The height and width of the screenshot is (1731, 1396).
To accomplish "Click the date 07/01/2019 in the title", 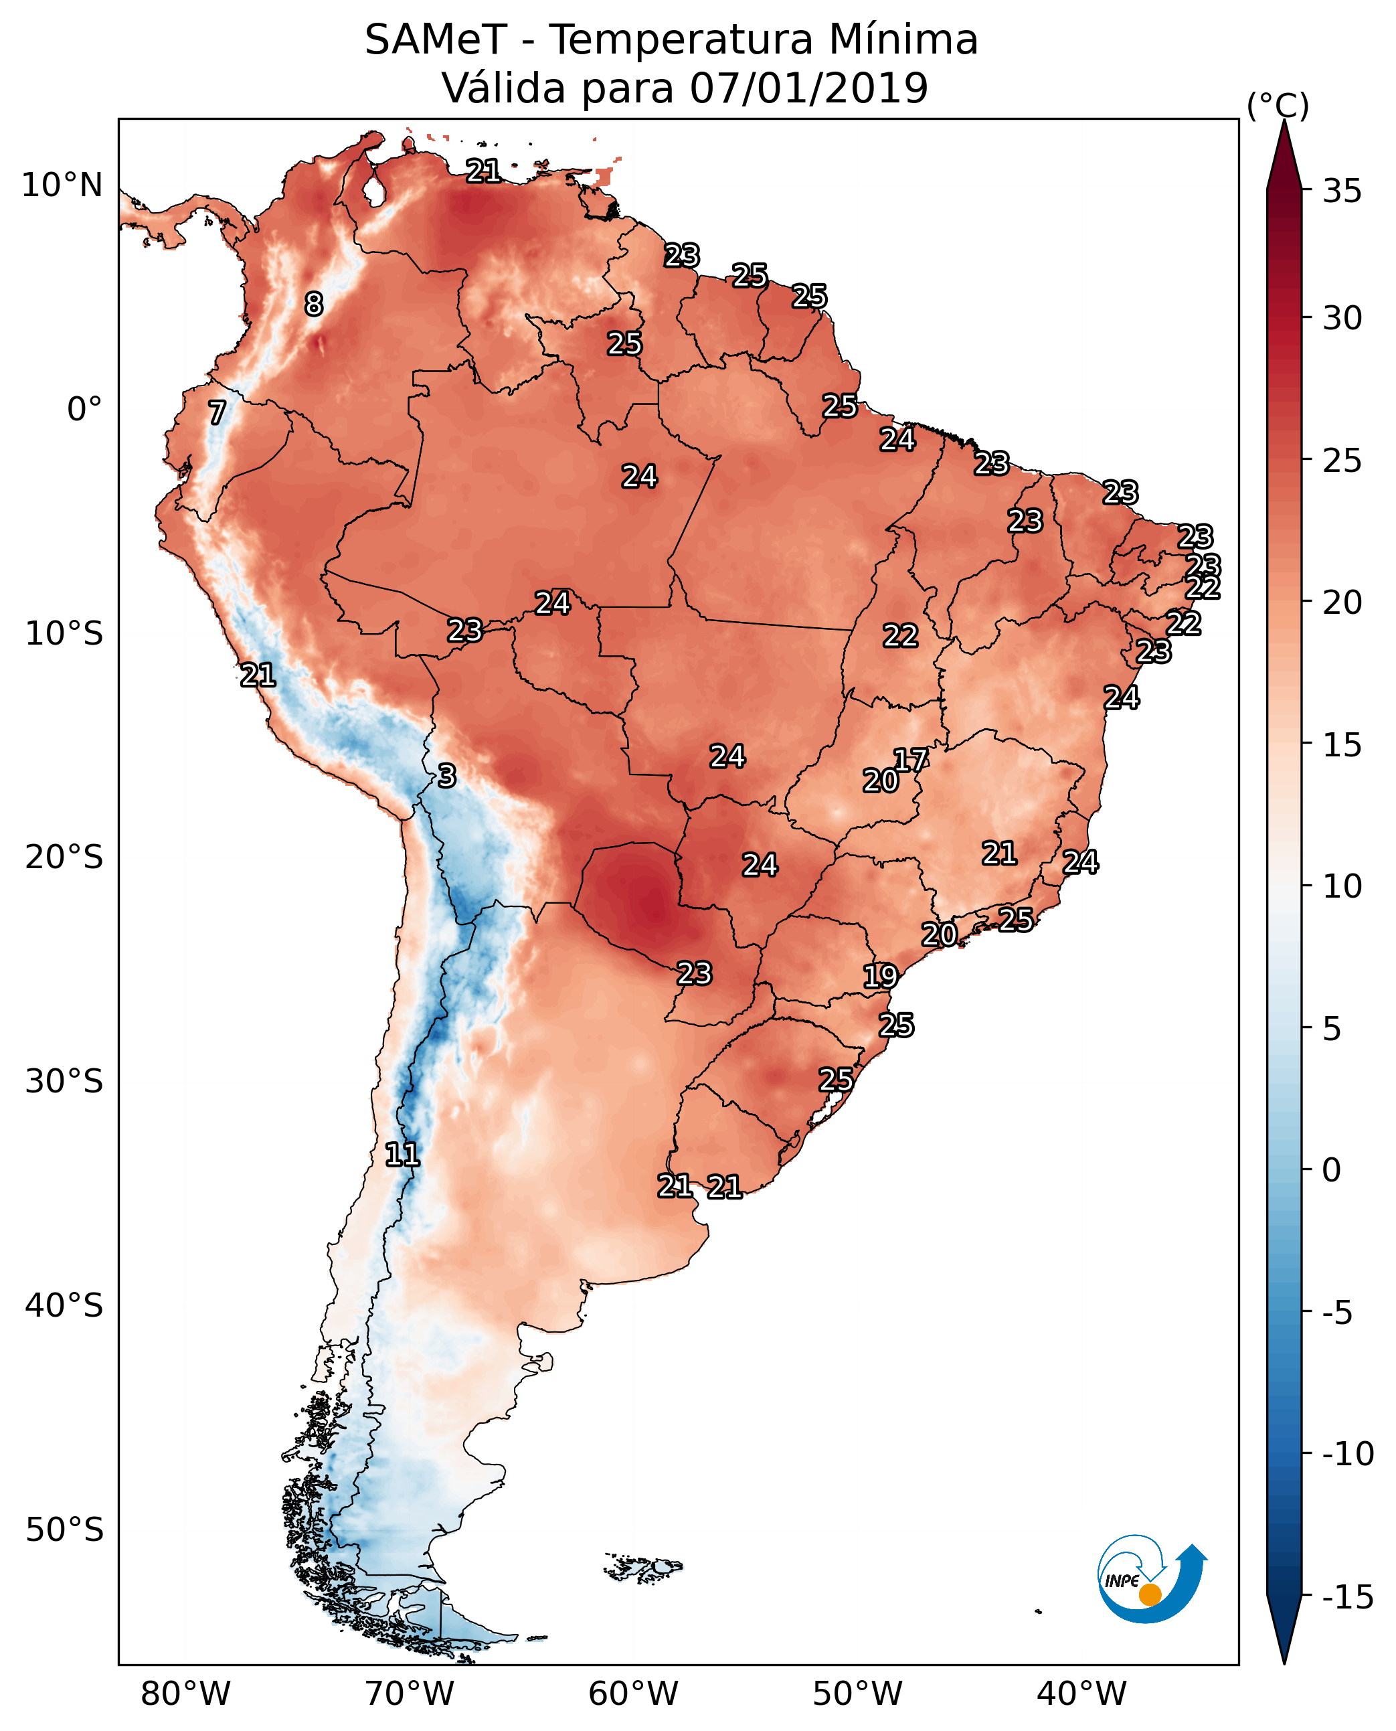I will (x=808, y=88).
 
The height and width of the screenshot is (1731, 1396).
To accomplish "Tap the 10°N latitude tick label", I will (x=62, y=186).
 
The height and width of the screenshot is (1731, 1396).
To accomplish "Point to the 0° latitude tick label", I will (x=84, y=410).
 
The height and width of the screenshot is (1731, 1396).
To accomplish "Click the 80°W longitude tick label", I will (x=186, y=1694).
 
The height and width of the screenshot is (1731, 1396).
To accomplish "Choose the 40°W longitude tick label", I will (x=1081, y=1694).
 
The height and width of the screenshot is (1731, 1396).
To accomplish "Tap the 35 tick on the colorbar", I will (x=1342, y=191).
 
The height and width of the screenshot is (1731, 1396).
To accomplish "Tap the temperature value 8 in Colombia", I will (x=314, y=305).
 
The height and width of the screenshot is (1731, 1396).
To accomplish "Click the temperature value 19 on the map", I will (x=881, y=977).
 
